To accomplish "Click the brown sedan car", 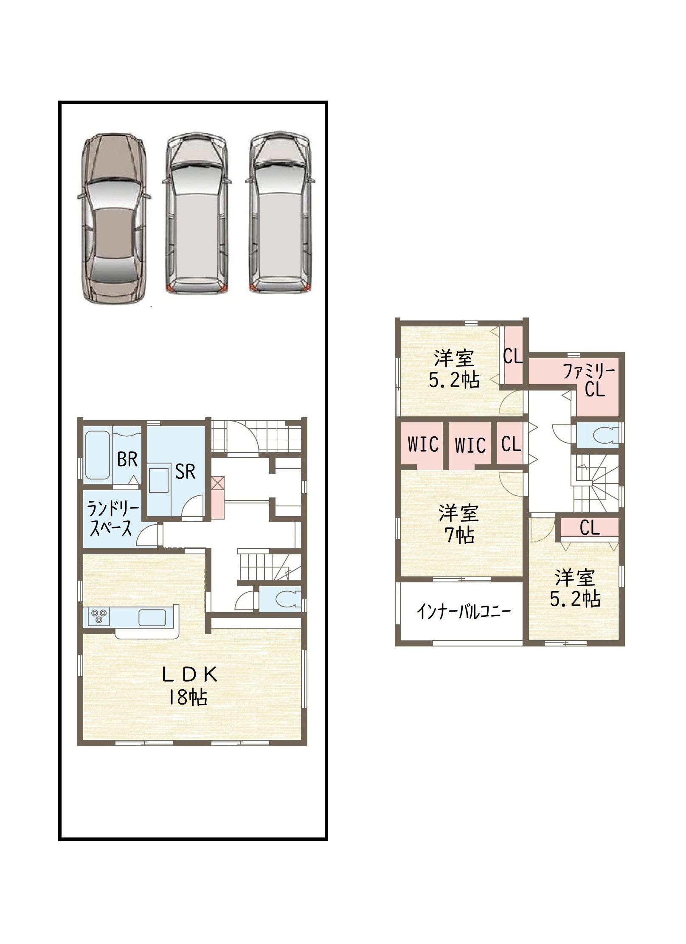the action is click(x=114, y=218).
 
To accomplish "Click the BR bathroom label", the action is click(x=127, y=459).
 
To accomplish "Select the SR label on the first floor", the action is click(x=185, y=472).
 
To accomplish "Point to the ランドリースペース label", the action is click(x=112, y=518).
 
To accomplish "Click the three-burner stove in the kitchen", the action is click(x=99, y=616).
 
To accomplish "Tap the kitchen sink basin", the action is click(x=152, y=618).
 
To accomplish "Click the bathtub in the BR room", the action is click(x=98, y=455).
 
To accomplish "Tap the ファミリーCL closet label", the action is click(x=589, y=380).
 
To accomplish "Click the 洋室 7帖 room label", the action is click(x=459, y=524).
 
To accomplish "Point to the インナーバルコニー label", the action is click(x=464, y=612).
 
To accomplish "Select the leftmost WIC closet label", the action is click(x=423, y=444).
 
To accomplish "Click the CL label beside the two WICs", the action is click(x=511, y=444).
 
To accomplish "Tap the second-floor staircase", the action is click(x=596, y=483).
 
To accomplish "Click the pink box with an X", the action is click(x=218, y=497).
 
